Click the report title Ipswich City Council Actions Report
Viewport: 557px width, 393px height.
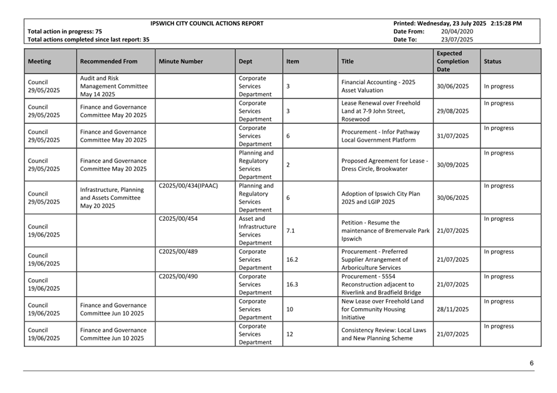click(x=207, y=23)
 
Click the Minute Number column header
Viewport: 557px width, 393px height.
click(x=181, y=61)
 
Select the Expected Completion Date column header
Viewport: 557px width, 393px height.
click(x=452, y=61)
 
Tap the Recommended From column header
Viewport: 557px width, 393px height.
click(x=109, y=61)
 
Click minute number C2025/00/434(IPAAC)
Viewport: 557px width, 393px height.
click(x=188, y=186)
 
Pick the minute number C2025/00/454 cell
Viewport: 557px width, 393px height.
click(x=178, y=219)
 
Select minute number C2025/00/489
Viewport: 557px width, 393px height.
click(x=178, y=252)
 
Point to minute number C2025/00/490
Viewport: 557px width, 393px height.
click(x=178, y=277)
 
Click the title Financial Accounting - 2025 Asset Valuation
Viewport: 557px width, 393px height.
click(x=378, y=86)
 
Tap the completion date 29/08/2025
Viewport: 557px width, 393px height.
click(x=452, y=111)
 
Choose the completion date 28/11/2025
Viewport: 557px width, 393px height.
click(x=452, y=309)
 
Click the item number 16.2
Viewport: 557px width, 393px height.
click(x=292, y=260)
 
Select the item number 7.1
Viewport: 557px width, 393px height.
click(x=291, y=231)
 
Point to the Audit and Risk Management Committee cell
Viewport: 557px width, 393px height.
click(x=113, y=86)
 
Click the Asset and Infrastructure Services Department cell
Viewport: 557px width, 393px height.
click(x=257, y=231)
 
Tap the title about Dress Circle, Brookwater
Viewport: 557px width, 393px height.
click(x=385, y=165)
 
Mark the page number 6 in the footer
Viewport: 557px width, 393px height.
click(x=532, y=363)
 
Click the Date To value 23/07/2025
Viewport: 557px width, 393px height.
click(x=457, y=40)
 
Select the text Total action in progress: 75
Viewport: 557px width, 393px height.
click(x=65, y=31)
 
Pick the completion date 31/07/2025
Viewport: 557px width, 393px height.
click(x=452, y=136)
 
